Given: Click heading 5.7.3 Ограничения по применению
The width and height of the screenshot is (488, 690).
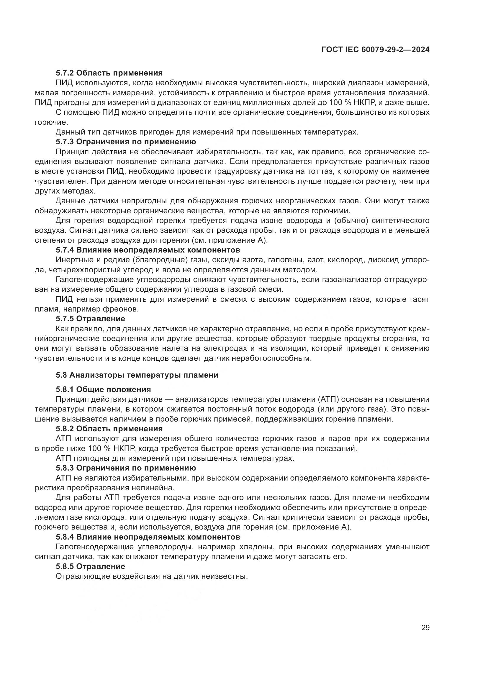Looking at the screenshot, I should (126, 142).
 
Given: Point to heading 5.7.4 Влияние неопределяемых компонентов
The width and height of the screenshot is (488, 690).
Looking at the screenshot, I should (148, 250).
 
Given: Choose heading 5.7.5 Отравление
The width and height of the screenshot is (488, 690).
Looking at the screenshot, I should (90, 319).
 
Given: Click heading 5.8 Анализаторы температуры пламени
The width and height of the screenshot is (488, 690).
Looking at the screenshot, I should (137, 375).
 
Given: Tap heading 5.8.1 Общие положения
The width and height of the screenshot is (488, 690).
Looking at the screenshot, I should (103, 390).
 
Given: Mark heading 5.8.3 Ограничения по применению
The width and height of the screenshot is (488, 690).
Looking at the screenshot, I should (126, 468).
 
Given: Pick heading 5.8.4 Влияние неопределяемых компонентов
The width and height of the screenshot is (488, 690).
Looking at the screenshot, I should (148, 537).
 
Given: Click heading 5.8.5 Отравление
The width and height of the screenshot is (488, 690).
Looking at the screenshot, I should (90, 566).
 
